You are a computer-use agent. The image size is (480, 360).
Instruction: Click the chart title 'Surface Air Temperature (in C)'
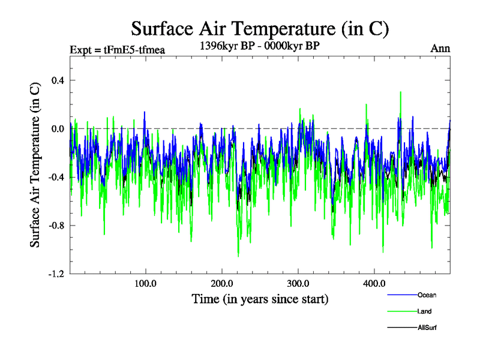tap(260, 28)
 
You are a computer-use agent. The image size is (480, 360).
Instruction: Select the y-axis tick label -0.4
tap(56, 177)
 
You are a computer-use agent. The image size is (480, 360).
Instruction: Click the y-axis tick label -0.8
tap(56, 226)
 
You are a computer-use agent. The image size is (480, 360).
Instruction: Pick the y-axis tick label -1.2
tap(56, 274)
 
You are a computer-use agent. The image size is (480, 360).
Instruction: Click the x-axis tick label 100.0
tap(146, 283)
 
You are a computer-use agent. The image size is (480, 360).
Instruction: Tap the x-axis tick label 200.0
tap(222, 283)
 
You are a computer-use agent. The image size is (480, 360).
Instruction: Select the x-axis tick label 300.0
tap(298, 283)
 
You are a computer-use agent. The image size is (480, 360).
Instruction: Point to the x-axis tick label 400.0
tap(374, 283)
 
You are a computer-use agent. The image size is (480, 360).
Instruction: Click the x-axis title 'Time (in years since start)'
tap(260, 298)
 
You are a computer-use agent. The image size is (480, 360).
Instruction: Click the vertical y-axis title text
tap(35, 164)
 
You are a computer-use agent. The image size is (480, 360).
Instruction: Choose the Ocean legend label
tap(427, 295)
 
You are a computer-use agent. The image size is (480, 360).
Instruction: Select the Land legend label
tap(424, 311)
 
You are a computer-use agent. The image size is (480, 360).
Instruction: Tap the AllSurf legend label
tap(427, 328)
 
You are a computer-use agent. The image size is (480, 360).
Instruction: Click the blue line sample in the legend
tap(401, 295)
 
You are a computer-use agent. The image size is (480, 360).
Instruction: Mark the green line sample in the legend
tap(401, 311)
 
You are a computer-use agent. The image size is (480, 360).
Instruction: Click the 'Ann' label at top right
tap(440, 49)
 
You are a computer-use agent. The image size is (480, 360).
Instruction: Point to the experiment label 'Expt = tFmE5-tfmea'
tap(118, 50)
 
